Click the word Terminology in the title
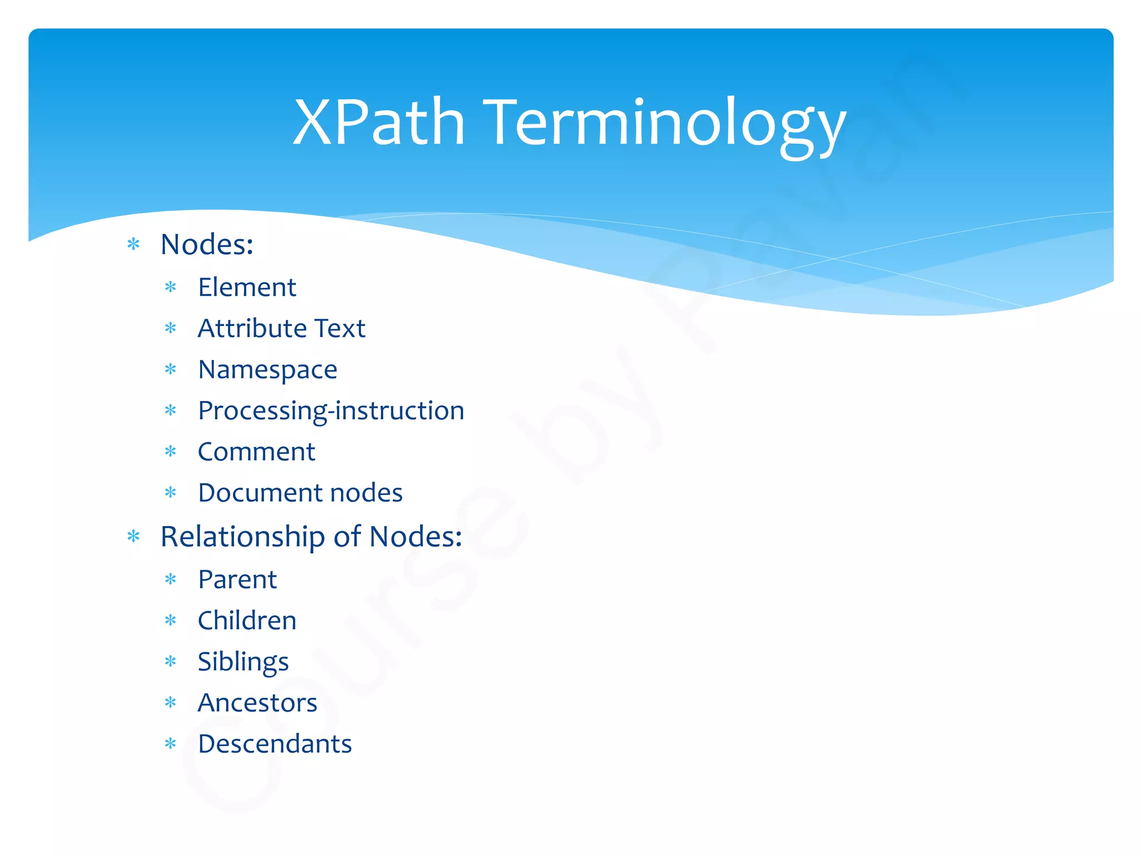pos(666,124)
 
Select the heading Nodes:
pos(207,245)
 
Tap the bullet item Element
pos(247,288)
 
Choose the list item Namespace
pos(267,370)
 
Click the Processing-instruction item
pos(331,411)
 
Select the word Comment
pos(256,452)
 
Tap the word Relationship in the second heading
pos(242,537)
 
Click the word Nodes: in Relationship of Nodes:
pos(416,537)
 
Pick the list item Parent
pos(237,580)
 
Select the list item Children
pos(247,621)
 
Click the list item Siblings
pos(243,662)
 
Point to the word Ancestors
pos(257,703)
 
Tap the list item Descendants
pos(275,744)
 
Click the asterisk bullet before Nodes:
pos(133,244)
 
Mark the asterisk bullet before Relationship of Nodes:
pos(133,537)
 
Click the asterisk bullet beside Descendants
pos(170,743)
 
